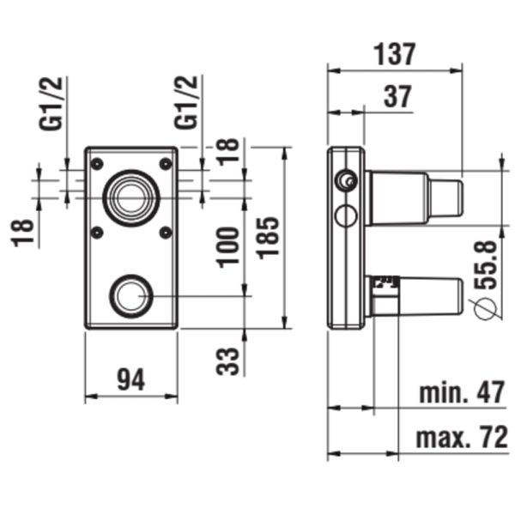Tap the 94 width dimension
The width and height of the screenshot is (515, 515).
(x=130, y=378)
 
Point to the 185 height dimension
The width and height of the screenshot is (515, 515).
(x=268, y=238)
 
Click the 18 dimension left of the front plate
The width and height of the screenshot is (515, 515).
(x=25, y=233)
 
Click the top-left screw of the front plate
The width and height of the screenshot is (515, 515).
(x=97, y=163)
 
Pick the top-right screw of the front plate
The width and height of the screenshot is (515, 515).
(x=166, y=163)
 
